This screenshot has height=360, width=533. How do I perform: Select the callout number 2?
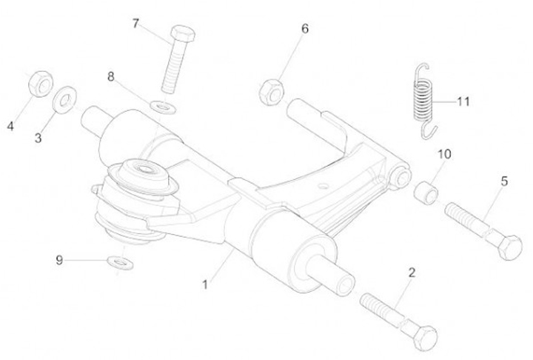click(412, 272)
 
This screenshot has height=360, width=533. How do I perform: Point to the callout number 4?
click(10, 126)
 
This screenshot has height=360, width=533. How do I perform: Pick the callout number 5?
click(503, 180)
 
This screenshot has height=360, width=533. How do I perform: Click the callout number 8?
click(111, 76)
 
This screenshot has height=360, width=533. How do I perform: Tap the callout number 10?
click(443, 154)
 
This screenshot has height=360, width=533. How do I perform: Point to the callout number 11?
click(463, 101)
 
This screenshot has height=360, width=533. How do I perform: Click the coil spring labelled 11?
click(423, 100)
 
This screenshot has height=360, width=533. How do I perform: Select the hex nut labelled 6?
click(269, 92)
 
